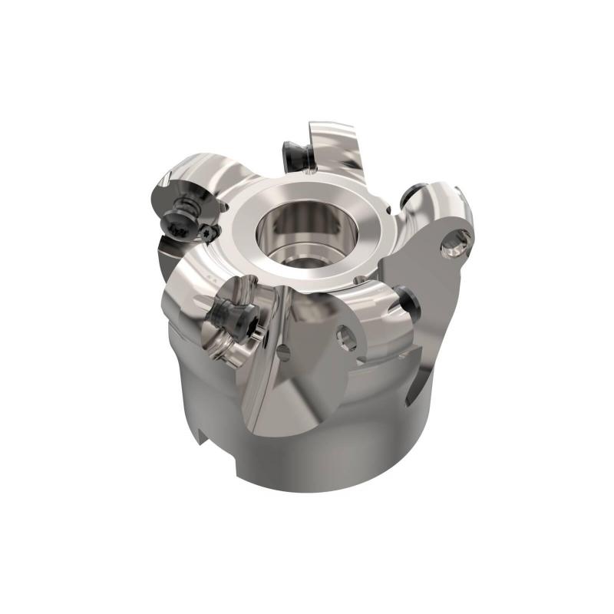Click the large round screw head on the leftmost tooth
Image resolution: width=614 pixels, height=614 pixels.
click(179, 224)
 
